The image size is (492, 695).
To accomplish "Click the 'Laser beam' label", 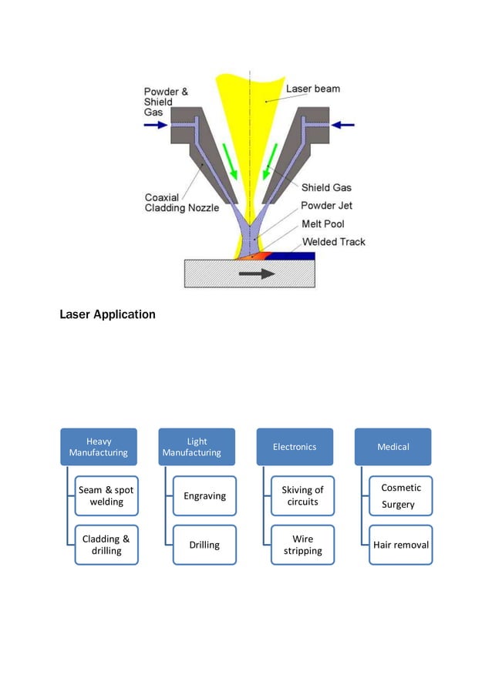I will coord(312,89).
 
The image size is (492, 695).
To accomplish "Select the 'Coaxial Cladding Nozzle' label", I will coord(182,202).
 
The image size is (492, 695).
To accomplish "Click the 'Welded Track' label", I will coord(334,242).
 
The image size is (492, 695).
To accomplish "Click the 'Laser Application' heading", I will coord(107,314).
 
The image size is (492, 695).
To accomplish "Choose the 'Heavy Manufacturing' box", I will coord(99,447).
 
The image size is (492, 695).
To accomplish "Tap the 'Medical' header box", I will coord(393,447).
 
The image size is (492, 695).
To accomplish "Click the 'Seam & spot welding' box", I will coord(106,495).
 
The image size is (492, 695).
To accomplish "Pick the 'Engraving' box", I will coord(204,495).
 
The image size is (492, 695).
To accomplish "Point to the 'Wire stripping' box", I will coord(302,545).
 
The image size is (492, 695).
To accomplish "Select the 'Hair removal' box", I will coord(400,545).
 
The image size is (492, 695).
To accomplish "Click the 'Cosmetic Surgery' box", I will coord(400,495).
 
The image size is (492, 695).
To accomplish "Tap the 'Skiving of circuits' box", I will coord(302,495).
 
